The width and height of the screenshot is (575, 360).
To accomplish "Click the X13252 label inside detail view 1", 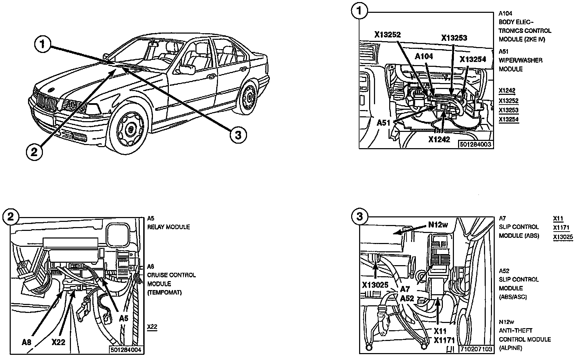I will pos(387,34).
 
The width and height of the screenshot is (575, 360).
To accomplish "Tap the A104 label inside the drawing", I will pos(424,56).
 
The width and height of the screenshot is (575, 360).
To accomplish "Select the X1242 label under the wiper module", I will pos(439,139).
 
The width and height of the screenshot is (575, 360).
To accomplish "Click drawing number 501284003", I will pos(476,144).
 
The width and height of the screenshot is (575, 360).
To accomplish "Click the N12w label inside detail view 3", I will pos(438,225).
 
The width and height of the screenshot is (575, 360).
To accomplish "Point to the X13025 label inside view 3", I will pos(375,285).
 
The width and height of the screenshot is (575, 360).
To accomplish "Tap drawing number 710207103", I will pos(476,349).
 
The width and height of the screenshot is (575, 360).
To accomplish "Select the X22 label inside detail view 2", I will pos(58,342).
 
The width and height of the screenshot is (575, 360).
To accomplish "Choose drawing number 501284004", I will pos(126,350).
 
